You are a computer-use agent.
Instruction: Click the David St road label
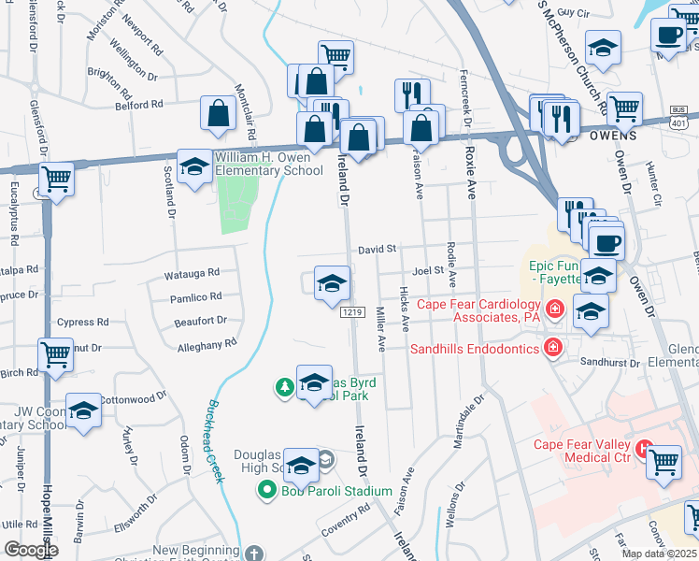(378, 250)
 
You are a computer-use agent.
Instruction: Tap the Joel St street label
(426, 269)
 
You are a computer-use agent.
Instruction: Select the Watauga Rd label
(191, 273)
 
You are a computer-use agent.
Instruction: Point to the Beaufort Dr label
(201, 321)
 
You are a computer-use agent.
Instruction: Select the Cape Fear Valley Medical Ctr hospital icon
(643, 449)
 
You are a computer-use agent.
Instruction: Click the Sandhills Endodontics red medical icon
(553, 348)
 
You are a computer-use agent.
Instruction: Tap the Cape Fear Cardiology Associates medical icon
(554, 308)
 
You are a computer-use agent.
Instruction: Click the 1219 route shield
(351, 311)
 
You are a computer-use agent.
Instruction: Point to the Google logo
(30, 550)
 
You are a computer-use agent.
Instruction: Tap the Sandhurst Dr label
(608, 362)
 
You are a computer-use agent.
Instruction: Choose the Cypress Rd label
(82, 323)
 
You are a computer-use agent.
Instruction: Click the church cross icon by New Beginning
(252, 554)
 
